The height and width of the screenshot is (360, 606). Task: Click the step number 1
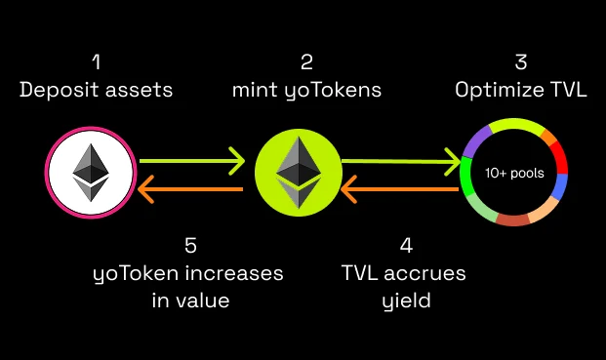coord(95,62)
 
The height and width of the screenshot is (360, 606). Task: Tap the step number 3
coord(521,62)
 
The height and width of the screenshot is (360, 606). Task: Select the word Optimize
coord(494,91)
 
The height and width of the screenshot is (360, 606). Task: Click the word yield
coord(406,300)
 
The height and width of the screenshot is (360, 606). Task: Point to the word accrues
coord(430,273)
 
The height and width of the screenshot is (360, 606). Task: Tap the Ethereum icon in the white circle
coord(92,173)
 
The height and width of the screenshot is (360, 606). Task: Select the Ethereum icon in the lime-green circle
coord(298,173)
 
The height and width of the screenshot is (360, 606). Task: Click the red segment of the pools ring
coord(561,154)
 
